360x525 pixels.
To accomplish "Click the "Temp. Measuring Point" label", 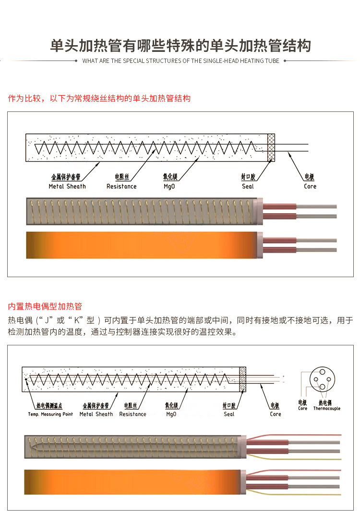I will (x=50, y=414).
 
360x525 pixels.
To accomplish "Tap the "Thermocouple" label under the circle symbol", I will (x=327, y=409).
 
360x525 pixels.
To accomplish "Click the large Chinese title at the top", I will (x=180, y=46).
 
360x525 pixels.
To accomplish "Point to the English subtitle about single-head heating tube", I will (x=180, y=61).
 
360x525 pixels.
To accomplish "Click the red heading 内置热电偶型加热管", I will (x=45, y=306).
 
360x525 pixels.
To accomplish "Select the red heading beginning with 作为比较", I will (x=99, y=98).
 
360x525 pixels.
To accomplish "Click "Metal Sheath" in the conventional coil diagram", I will (x=67, y=186).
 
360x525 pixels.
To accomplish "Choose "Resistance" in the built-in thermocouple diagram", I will (x=132, y=414).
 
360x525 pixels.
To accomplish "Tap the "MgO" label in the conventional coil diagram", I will (x=169, y=186).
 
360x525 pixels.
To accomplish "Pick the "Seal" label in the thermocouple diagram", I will (x=229, y=414).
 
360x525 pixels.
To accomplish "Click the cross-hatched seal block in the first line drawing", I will (x=271, y=147).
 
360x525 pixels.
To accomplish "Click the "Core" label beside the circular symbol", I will (x=302, y=409).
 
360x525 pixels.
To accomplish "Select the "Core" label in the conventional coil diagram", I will (x=310, y=186).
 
